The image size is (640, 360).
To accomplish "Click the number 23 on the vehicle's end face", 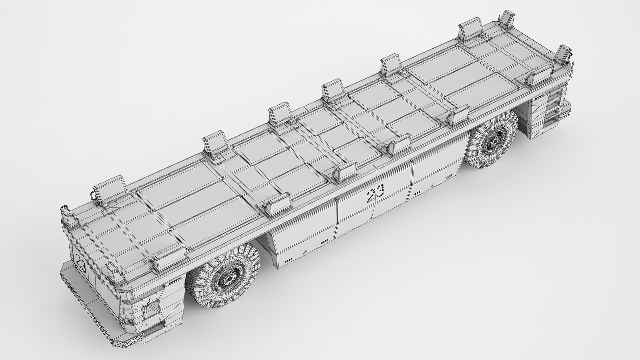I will click(x=81, y=262).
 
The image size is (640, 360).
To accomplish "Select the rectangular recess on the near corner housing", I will click(x=147, y=312).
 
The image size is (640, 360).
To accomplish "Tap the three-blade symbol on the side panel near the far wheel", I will click(x=433, y=185).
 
